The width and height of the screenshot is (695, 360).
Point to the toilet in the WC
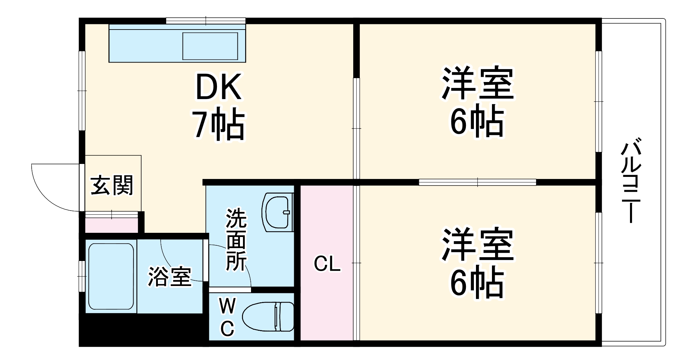click(268, 317)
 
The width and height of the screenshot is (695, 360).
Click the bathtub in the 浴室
click(111, 276)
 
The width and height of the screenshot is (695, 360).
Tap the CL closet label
click(327, 264)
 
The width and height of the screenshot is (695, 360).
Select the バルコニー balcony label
click(631, 180)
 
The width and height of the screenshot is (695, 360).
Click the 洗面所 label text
click(236, 240)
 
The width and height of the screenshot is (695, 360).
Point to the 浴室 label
click(170, 277)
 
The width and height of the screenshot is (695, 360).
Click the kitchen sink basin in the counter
click(210, 46)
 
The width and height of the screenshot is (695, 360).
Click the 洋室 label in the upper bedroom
click(477, 83)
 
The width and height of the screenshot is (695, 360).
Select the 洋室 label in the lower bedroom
click(477, 245)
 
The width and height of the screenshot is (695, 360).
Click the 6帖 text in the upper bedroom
click(477, 121)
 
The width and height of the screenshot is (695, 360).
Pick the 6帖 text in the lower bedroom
click(477, 283)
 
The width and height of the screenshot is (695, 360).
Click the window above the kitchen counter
click(205, 21)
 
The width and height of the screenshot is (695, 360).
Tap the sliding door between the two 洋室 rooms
click(477, 182)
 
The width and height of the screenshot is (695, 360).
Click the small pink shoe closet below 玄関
click(111, 225)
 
